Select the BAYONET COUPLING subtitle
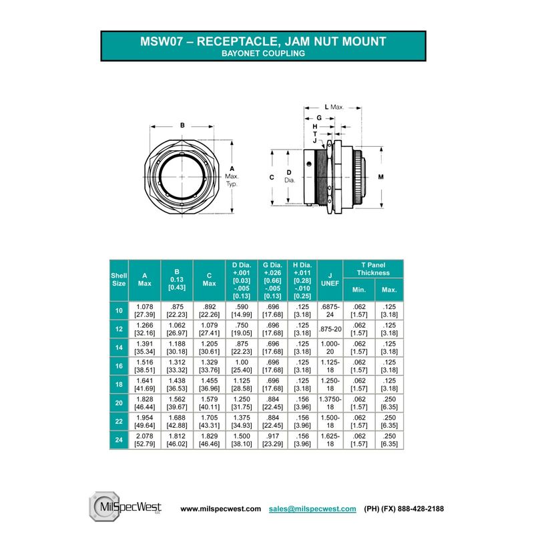tap(263, 53)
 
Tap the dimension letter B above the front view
tap(182, 125)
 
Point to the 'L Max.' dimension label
tap(334, 107)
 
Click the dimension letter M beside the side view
tap(380, 177)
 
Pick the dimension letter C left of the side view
tap(272, 177)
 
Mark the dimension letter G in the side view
tap(319, 118)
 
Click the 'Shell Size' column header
tap(119, 280)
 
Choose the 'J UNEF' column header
tap(330, 280)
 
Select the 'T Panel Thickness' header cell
tap(373, 269)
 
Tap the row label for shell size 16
tap(119, 366)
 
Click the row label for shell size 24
tap(119, 440)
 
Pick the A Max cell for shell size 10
tap(145, 310)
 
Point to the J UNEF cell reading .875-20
tap(330, 329)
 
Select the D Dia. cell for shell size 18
tap(242, 384)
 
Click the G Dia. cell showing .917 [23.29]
tap(273, 440)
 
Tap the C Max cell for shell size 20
tap(209, 403)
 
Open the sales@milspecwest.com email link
tap(312, 509)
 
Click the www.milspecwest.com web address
tap(221, 509)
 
